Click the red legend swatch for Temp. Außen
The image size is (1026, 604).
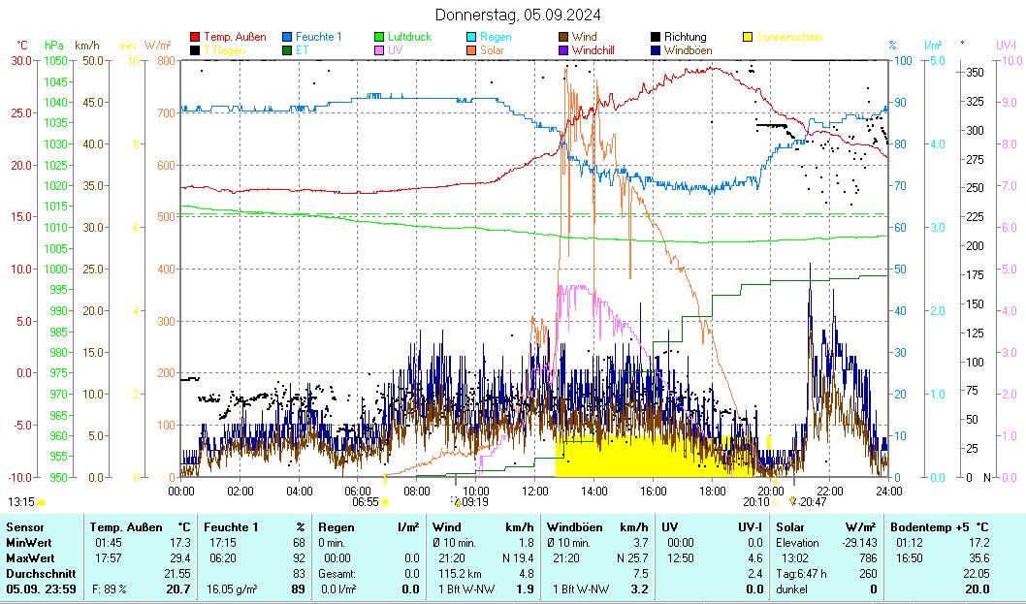[x=195, y=37]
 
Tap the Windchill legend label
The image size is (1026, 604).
[x=599, y=49]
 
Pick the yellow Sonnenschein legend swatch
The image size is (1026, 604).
[x=748, y=37]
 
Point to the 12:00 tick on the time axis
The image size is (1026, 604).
[x=535, y=492]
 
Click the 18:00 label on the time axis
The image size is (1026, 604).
[x=712, y=492]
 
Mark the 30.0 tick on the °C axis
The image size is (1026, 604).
[x=21, y=60]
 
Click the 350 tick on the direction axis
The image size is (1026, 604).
[x=975, y=72]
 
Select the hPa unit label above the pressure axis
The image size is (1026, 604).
[x=54, y=46]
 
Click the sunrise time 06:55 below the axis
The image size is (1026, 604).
[x=365, y=502]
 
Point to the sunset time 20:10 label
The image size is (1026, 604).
[x=756, y=502]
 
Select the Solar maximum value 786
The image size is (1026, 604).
[x=868, y=557]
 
